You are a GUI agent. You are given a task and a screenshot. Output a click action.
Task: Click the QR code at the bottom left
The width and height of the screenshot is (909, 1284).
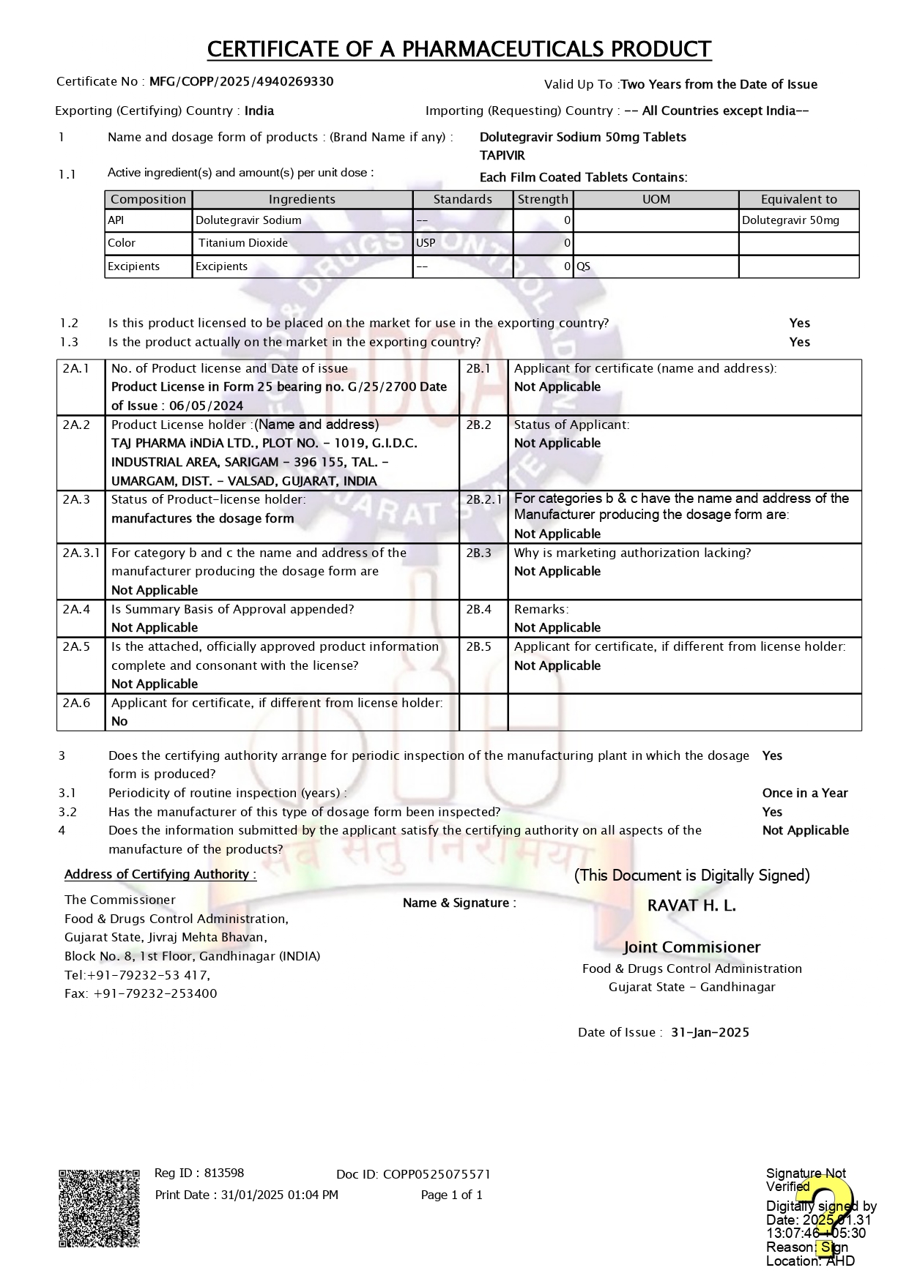click(99, 1208)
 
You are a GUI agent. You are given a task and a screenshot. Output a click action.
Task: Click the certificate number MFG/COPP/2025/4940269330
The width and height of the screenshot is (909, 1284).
click(241, 81)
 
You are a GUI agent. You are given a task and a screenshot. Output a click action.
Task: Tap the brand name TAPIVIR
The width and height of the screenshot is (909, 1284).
click(502, 155)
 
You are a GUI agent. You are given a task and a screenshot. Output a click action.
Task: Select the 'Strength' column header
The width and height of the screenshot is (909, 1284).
click(542, 199)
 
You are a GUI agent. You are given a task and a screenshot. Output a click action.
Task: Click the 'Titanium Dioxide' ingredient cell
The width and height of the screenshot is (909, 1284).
click(243, 243)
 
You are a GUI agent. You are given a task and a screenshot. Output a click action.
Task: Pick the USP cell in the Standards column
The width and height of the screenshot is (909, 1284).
click(426, 243)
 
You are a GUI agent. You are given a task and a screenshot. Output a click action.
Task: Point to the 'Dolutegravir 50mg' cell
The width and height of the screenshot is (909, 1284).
click(790, 220)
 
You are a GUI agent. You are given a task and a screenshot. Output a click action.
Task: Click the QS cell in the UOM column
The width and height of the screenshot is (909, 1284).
click(583, 266)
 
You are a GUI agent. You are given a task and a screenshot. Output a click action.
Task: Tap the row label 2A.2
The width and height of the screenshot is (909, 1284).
click(76, 425)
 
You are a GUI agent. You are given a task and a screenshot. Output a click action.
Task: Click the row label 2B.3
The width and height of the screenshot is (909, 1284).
click(478, 553)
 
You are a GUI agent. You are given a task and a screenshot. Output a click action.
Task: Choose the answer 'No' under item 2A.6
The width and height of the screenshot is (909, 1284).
click(119, 721)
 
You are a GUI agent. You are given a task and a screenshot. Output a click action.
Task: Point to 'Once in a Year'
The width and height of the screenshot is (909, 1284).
click(804, 793)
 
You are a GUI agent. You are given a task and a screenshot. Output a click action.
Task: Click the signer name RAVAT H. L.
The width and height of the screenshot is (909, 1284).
click(691, 906)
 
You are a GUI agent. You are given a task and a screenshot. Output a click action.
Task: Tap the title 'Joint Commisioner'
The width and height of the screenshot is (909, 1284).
click(691, 947)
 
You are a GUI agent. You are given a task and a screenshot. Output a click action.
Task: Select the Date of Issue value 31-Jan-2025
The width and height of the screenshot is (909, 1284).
click(710, 1032)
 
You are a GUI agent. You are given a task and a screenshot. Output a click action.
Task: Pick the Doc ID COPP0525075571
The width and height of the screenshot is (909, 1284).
click(437, 1174)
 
